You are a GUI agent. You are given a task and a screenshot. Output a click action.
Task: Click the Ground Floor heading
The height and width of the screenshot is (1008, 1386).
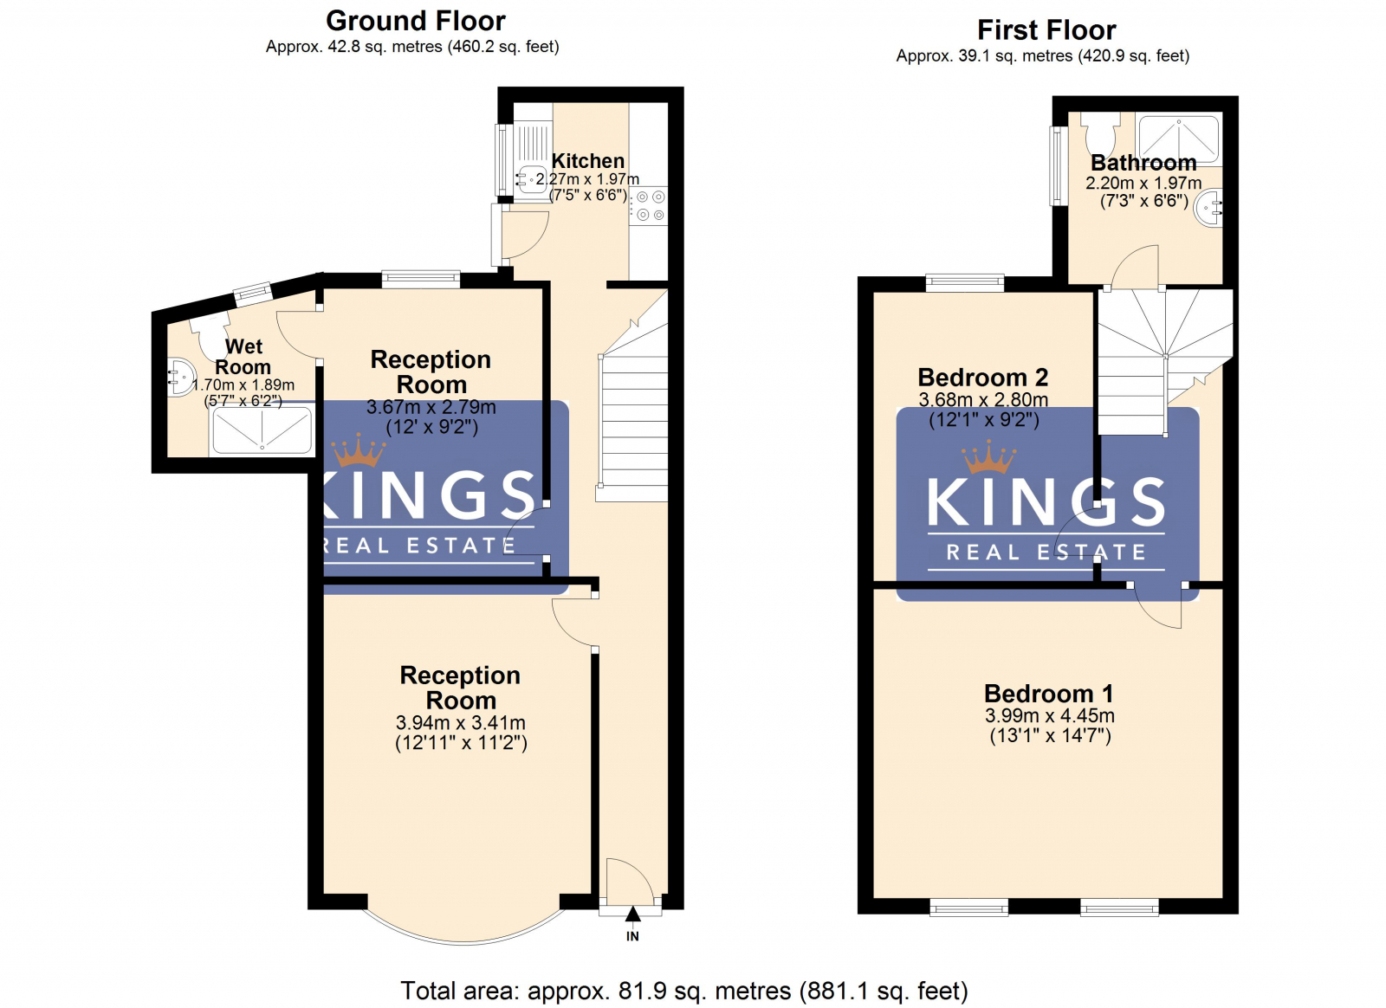click(x=415, y=21)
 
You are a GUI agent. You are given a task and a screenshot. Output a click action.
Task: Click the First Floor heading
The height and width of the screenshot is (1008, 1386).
click(x=1046, y=30)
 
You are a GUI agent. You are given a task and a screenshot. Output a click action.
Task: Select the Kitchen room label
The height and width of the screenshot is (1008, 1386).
click(x=587, y=161)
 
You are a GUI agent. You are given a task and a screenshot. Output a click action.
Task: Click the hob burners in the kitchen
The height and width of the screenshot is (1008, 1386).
click(x=650, y=206)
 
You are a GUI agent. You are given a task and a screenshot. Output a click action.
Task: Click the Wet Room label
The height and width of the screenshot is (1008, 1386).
click(x=243, y=357)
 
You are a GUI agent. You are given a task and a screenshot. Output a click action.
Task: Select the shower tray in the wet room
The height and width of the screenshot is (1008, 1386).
click(x=262, y=430)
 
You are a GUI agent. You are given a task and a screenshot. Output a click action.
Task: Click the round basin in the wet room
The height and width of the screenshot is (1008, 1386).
click(x=180, y=378)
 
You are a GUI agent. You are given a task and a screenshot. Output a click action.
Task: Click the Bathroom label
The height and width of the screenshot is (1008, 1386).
click(x=1143, y=163)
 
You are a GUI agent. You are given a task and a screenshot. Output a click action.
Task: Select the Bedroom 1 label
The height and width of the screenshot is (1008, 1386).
click(x=1048, y=694)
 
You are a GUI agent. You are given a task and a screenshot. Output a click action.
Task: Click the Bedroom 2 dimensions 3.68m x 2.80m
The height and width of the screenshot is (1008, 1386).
click(x=982, y=400)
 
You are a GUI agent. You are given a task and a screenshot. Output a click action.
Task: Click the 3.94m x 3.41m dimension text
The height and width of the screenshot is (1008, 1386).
click(x=460, y=723)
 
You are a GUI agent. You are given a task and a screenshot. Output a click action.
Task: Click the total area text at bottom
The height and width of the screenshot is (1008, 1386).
click(x=683, y=991)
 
